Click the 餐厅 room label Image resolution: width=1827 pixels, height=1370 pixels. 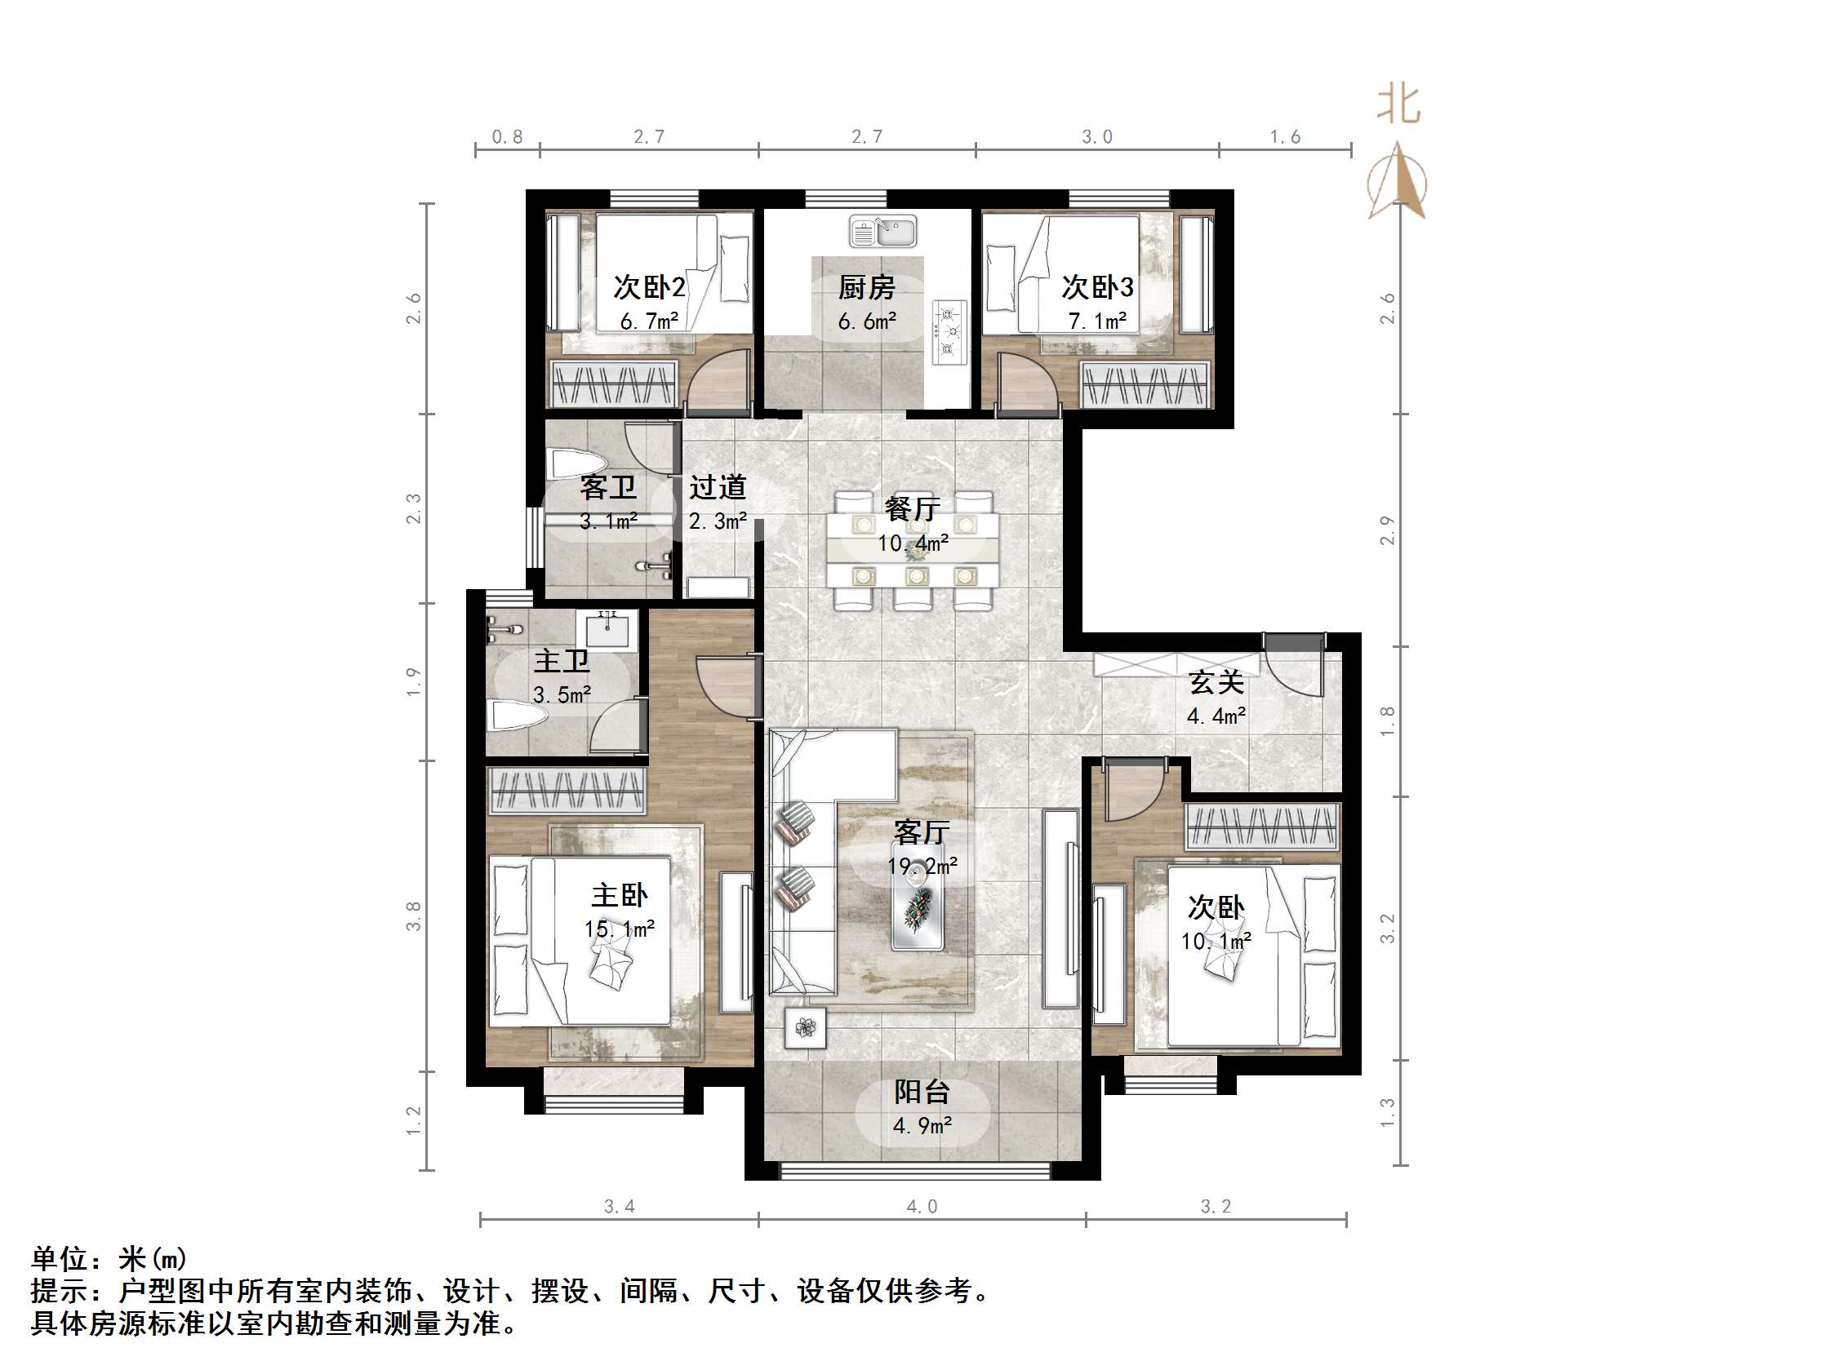pos(912,508)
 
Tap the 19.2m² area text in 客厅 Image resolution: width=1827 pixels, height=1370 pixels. pos(922,867)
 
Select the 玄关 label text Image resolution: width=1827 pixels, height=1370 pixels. pos(1216,683)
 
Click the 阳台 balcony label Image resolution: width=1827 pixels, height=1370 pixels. pos(922,1092)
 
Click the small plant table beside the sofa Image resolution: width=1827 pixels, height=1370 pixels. pos(805,1027)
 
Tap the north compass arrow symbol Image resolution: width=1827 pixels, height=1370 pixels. pos(1398,182)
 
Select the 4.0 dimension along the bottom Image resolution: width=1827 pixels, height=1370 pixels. pos(922,1207)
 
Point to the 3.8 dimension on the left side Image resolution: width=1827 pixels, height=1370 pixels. pos(414,916)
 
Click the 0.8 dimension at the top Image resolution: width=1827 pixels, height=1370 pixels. pos(507,137)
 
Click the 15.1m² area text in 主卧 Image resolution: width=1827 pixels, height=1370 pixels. pos(620,929)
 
